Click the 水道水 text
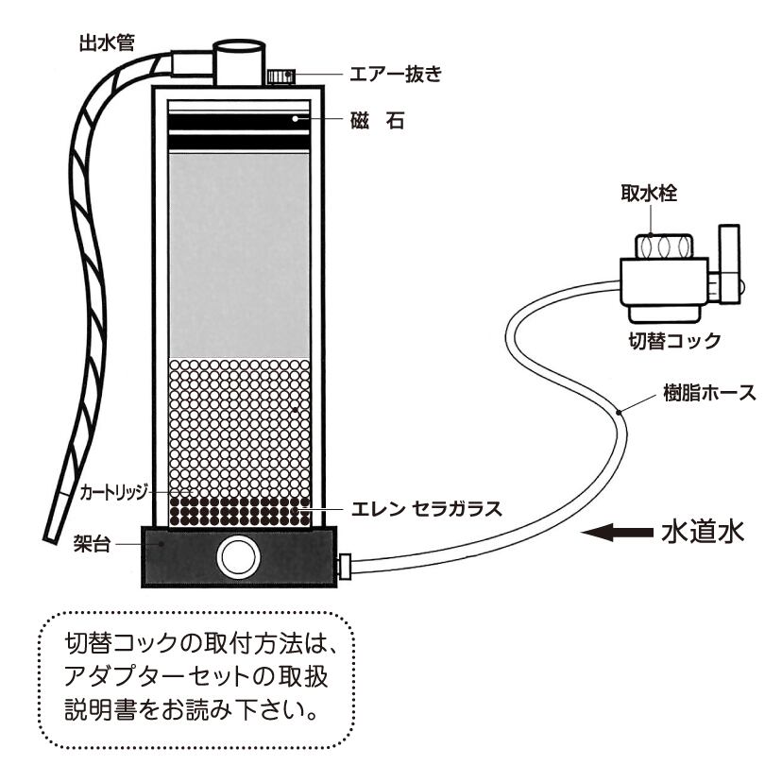click(704, 533)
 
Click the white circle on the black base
click(236, 557)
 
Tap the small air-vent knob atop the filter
click(278, 76)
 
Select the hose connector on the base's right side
click(346, 567)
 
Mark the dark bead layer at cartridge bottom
click(239, 511)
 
